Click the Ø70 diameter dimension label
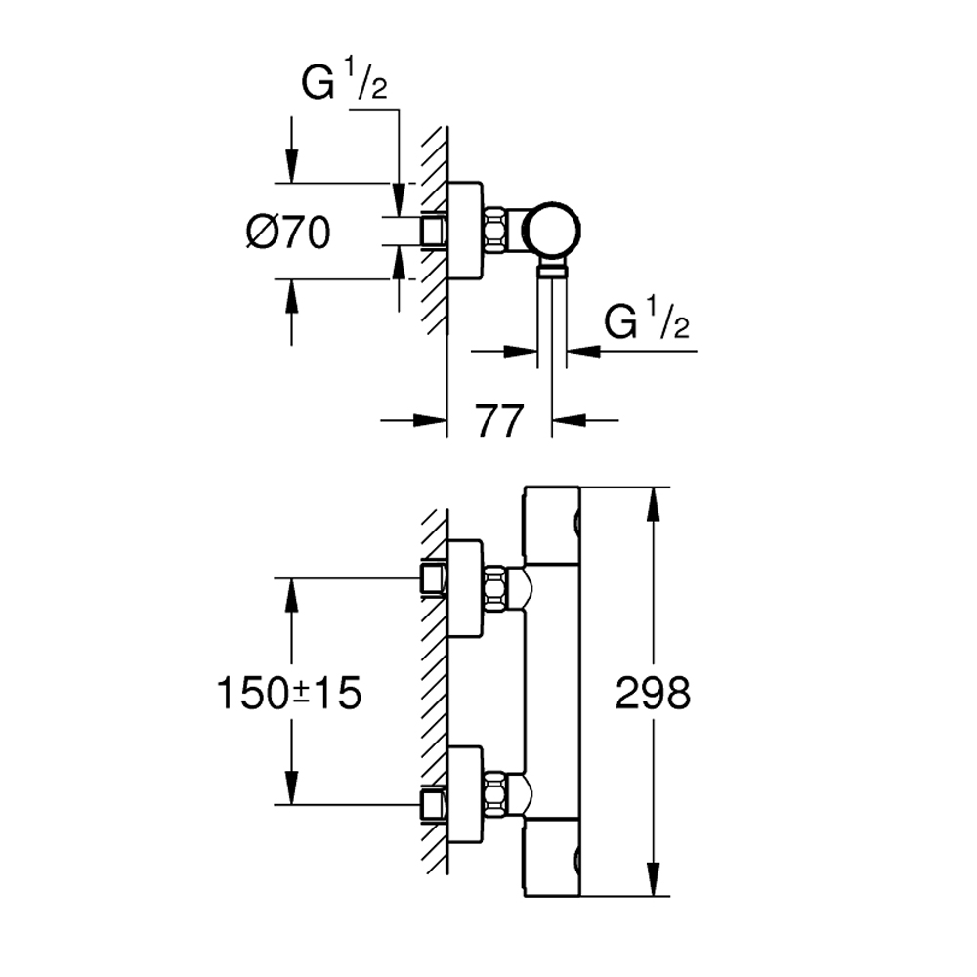point(289,233)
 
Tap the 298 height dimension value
point(654,694)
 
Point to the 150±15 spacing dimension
point(289,694)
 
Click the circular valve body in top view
point(552,231)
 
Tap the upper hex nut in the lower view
point(497,589)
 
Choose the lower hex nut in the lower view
point(497,794)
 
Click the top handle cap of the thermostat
point(553,525)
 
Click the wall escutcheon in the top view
point(465,232)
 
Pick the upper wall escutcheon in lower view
point(465,588)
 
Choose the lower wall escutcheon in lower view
point(465,793)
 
